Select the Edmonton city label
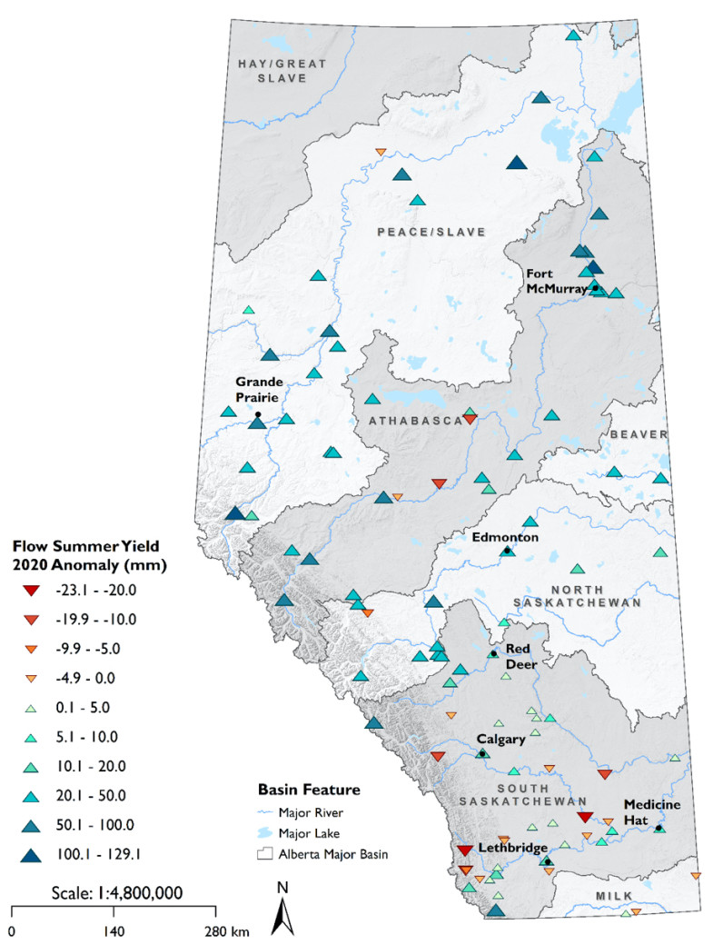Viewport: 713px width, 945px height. [x=506, y=537]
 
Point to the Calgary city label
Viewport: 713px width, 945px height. [x=495, y=739]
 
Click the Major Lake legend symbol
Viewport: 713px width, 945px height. [x=266, y=831]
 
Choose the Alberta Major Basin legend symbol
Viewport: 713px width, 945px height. [x=266, y=853]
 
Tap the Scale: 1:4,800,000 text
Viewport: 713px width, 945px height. [x=114, y=892]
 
